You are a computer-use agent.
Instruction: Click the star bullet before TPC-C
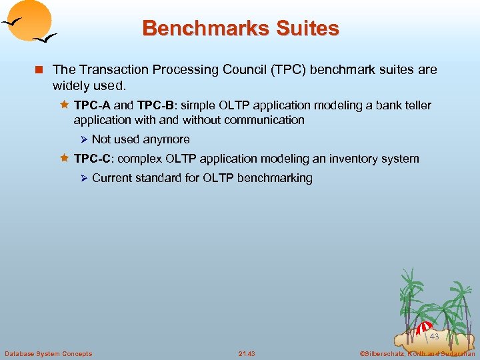click(65, 159)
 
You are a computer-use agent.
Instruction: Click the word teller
click(417, 105)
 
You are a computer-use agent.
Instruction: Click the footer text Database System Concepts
click(49, 353)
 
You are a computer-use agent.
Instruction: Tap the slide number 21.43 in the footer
click(246, 353)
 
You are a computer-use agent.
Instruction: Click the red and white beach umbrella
click(424, 328)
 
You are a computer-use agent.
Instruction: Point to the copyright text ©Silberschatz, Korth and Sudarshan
click(417, 353)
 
